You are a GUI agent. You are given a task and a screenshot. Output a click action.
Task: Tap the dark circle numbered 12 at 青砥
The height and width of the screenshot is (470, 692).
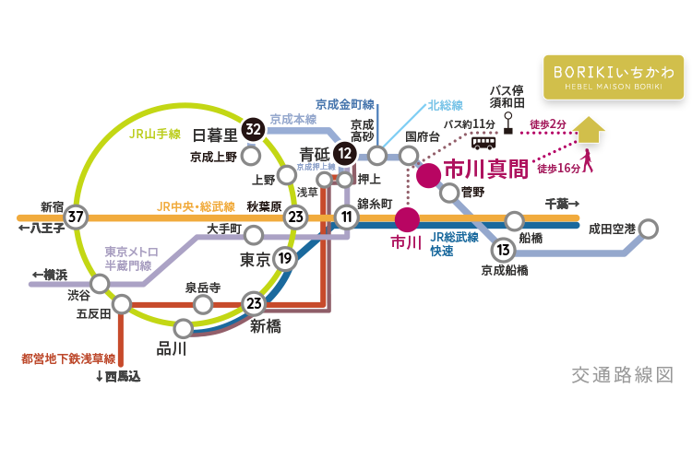[345, 152]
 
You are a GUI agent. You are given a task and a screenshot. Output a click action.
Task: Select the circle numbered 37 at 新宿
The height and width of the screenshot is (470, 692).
[77, 217]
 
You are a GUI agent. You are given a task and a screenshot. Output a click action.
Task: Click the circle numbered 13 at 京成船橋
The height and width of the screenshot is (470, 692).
[503, 249]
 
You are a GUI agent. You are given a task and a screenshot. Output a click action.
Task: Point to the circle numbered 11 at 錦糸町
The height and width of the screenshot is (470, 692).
[347, 217]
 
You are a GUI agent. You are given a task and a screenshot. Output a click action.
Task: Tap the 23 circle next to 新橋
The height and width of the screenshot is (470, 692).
[254, 302]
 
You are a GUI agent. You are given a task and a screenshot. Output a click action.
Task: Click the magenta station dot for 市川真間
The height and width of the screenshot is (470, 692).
[427, 176]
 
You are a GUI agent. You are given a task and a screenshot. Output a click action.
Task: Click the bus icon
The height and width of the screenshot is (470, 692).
[483, 141]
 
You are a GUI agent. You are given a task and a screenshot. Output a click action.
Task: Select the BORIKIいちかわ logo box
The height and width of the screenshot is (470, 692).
[614, 76]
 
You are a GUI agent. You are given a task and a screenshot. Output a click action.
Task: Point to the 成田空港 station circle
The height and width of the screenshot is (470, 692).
[649, 228]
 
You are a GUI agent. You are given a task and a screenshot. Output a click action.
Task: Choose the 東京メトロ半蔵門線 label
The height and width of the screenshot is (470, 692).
[131, 258]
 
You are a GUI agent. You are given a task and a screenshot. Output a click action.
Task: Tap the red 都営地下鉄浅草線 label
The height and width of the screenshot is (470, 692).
[69, 358]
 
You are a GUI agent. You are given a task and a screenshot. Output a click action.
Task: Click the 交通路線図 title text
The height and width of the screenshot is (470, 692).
[622, 375]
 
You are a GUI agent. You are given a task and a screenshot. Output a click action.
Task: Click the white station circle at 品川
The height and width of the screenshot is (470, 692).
[184, 327]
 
